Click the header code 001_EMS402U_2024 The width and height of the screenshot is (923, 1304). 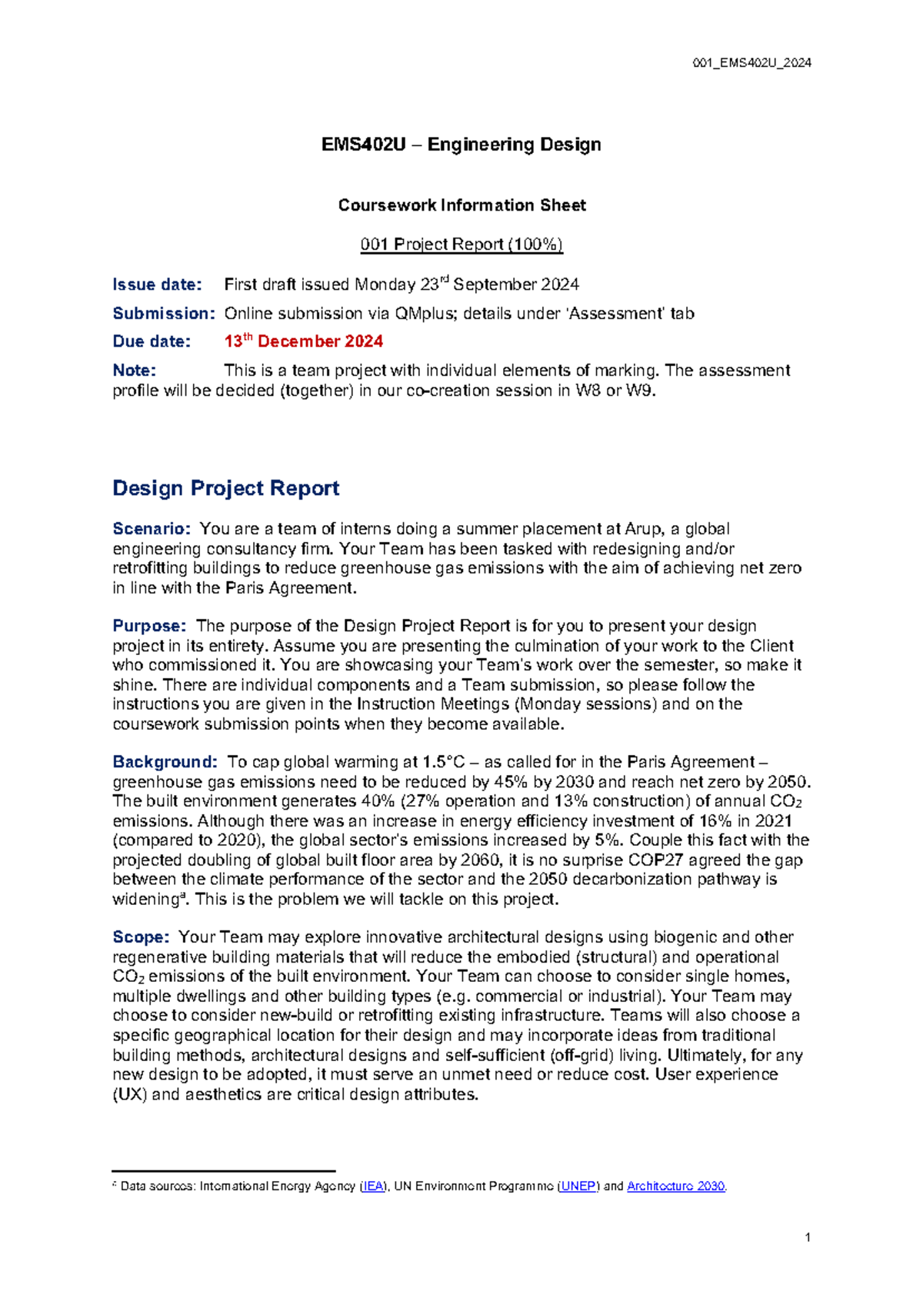pos(751,63)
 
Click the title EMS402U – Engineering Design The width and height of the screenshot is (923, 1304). pos(461,145)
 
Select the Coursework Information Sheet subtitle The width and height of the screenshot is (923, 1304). pos(461,205)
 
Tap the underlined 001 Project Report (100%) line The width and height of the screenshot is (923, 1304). pos(461,244)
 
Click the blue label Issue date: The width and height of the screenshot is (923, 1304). pos(157,284)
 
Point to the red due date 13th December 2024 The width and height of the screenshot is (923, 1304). pos(303,341)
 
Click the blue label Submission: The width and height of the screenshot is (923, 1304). pos(163,314)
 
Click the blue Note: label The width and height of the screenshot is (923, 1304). pos(134,371)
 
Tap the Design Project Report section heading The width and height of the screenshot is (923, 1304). pos(225,488)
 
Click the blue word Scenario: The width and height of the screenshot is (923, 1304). pos(151,529)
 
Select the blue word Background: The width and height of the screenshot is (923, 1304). pos(165,762)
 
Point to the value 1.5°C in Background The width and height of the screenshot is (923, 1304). pos(442,762)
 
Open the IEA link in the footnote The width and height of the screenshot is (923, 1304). pos(373,1186)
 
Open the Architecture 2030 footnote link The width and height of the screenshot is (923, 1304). pos(675,1186)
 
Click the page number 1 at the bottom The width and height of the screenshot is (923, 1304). pos(808,1238)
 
